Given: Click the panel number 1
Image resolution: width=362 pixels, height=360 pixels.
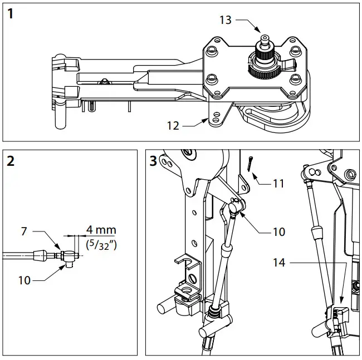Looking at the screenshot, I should click(x=11, y=14).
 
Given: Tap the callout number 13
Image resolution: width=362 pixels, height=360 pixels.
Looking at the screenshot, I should click(x=225, y=21).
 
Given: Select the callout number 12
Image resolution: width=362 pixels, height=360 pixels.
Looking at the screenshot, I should click(x=173, y=126).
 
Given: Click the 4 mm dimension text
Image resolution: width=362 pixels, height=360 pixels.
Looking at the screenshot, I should click(x=101, y=230).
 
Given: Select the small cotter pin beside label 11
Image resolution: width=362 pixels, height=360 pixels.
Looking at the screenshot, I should click(x=250, y=165).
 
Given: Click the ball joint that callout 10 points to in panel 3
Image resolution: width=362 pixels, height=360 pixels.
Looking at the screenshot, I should click(x=236, y=208).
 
